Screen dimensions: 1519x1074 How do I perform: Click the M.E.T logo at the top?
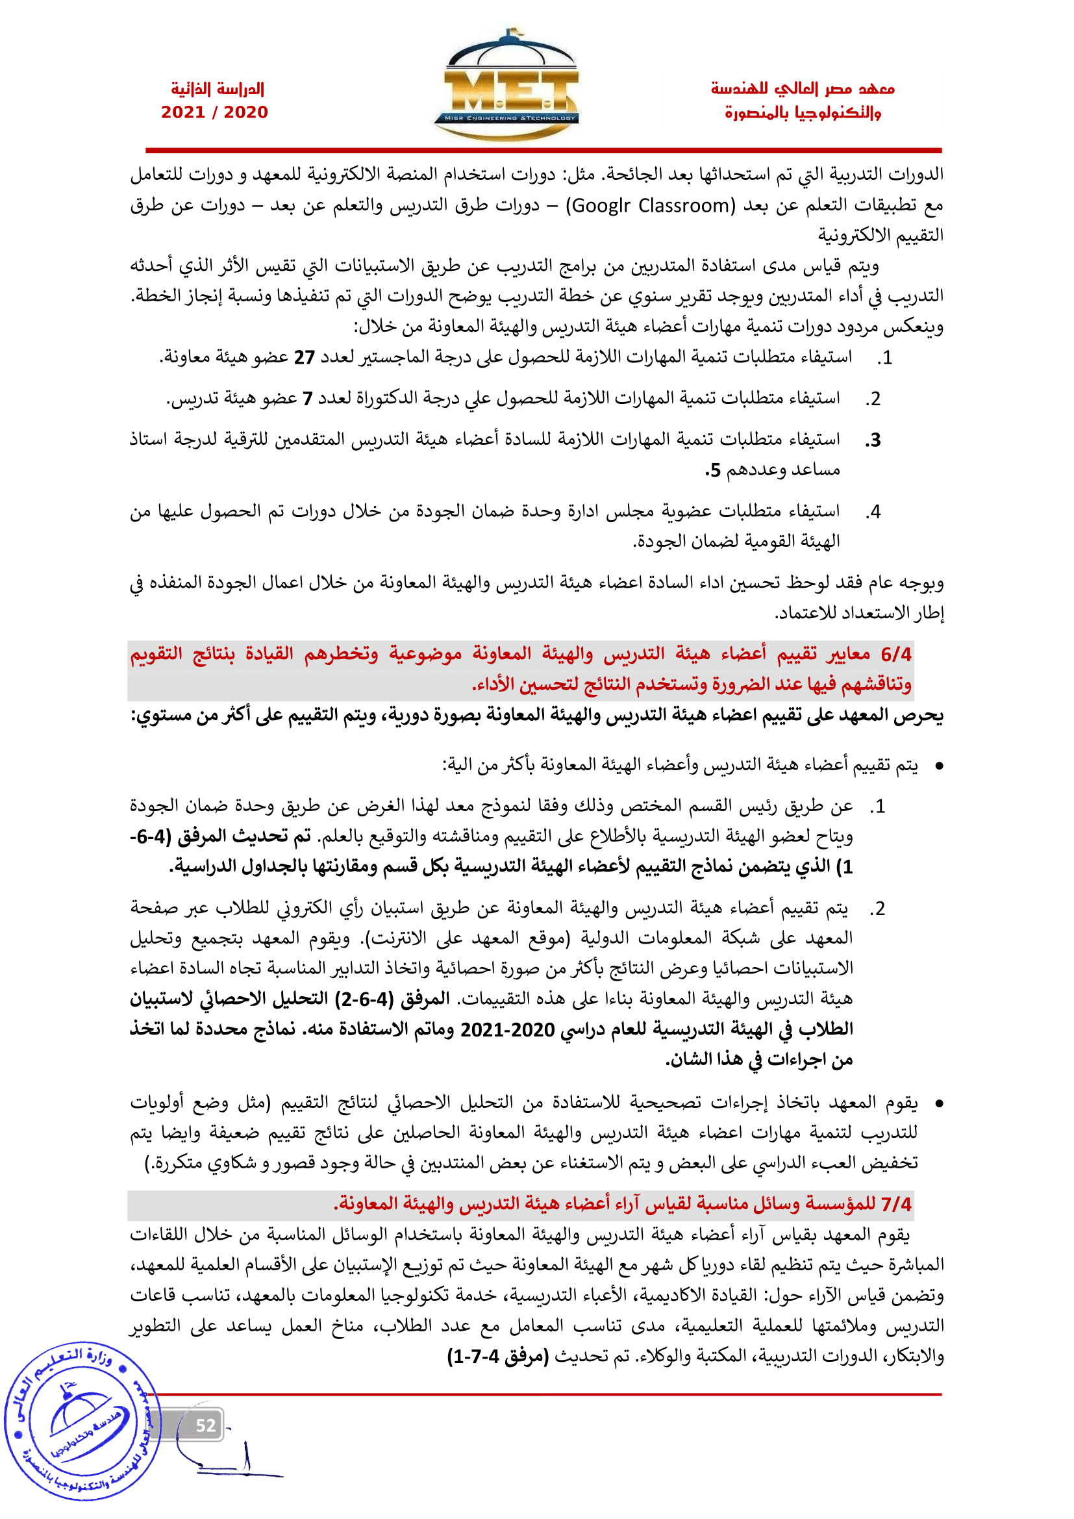(x=506, y=86)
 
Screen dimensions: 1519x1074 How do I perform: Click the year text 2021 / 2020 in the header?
(x=214, y=112)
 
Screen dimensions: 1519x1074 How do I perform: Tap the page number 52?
(x=206, y=1425)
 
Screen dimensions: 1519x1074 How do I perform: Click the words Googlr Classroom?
(x=650, y=206)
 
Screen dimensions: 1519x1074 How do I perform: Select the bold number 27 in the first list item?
(x=304, y=358)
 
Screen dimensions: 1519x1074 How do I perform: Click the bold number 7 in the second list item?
(x=308, y=399)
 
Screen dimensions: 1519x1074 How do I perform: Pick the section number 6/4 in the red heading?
(x=895, y=655)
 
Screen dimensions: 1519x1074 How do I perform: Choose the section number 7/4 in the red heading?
(x=896, y=1204)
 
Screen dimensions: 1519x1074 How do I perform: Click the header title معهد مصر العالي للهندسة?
(x=802, y=88)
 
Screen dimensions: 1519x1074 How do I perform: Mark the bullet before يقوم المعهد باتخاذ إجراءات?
(x=938, y=1103)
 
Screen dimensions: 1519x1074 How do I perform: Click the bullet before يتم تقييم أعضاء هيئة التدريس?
(x=938, y=766)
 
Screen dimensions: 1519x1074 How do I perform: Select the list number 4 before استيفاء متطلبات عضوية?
(x=874, y=511)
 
